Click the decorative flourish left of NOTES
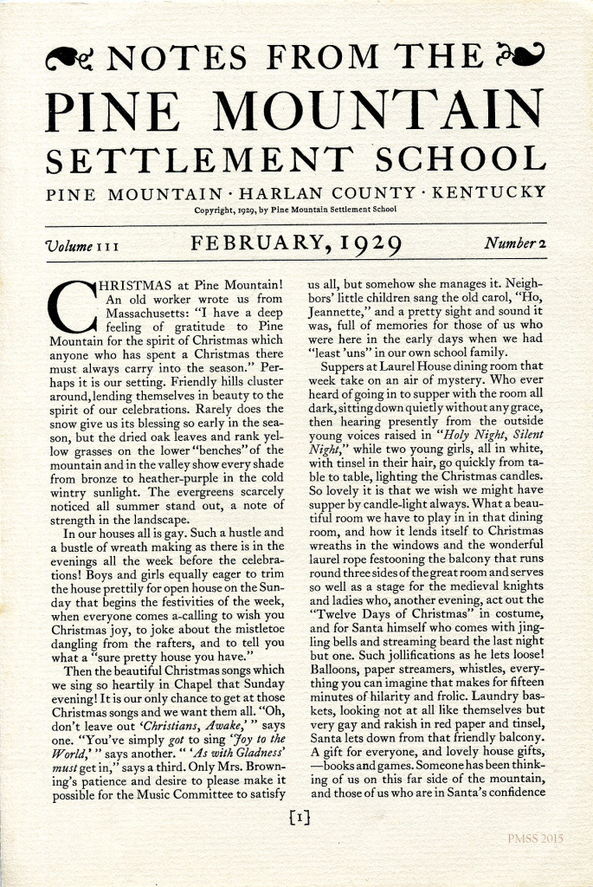(x=73, y=59)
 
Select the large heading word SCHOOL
(x=461, y=159)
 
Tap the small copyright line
(x=295, y=209)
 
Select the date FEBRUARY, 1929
(x=297, y=244)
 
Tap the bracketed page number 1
(x=297, y=816)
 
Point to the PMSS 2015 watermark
(x=537, y=839)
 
